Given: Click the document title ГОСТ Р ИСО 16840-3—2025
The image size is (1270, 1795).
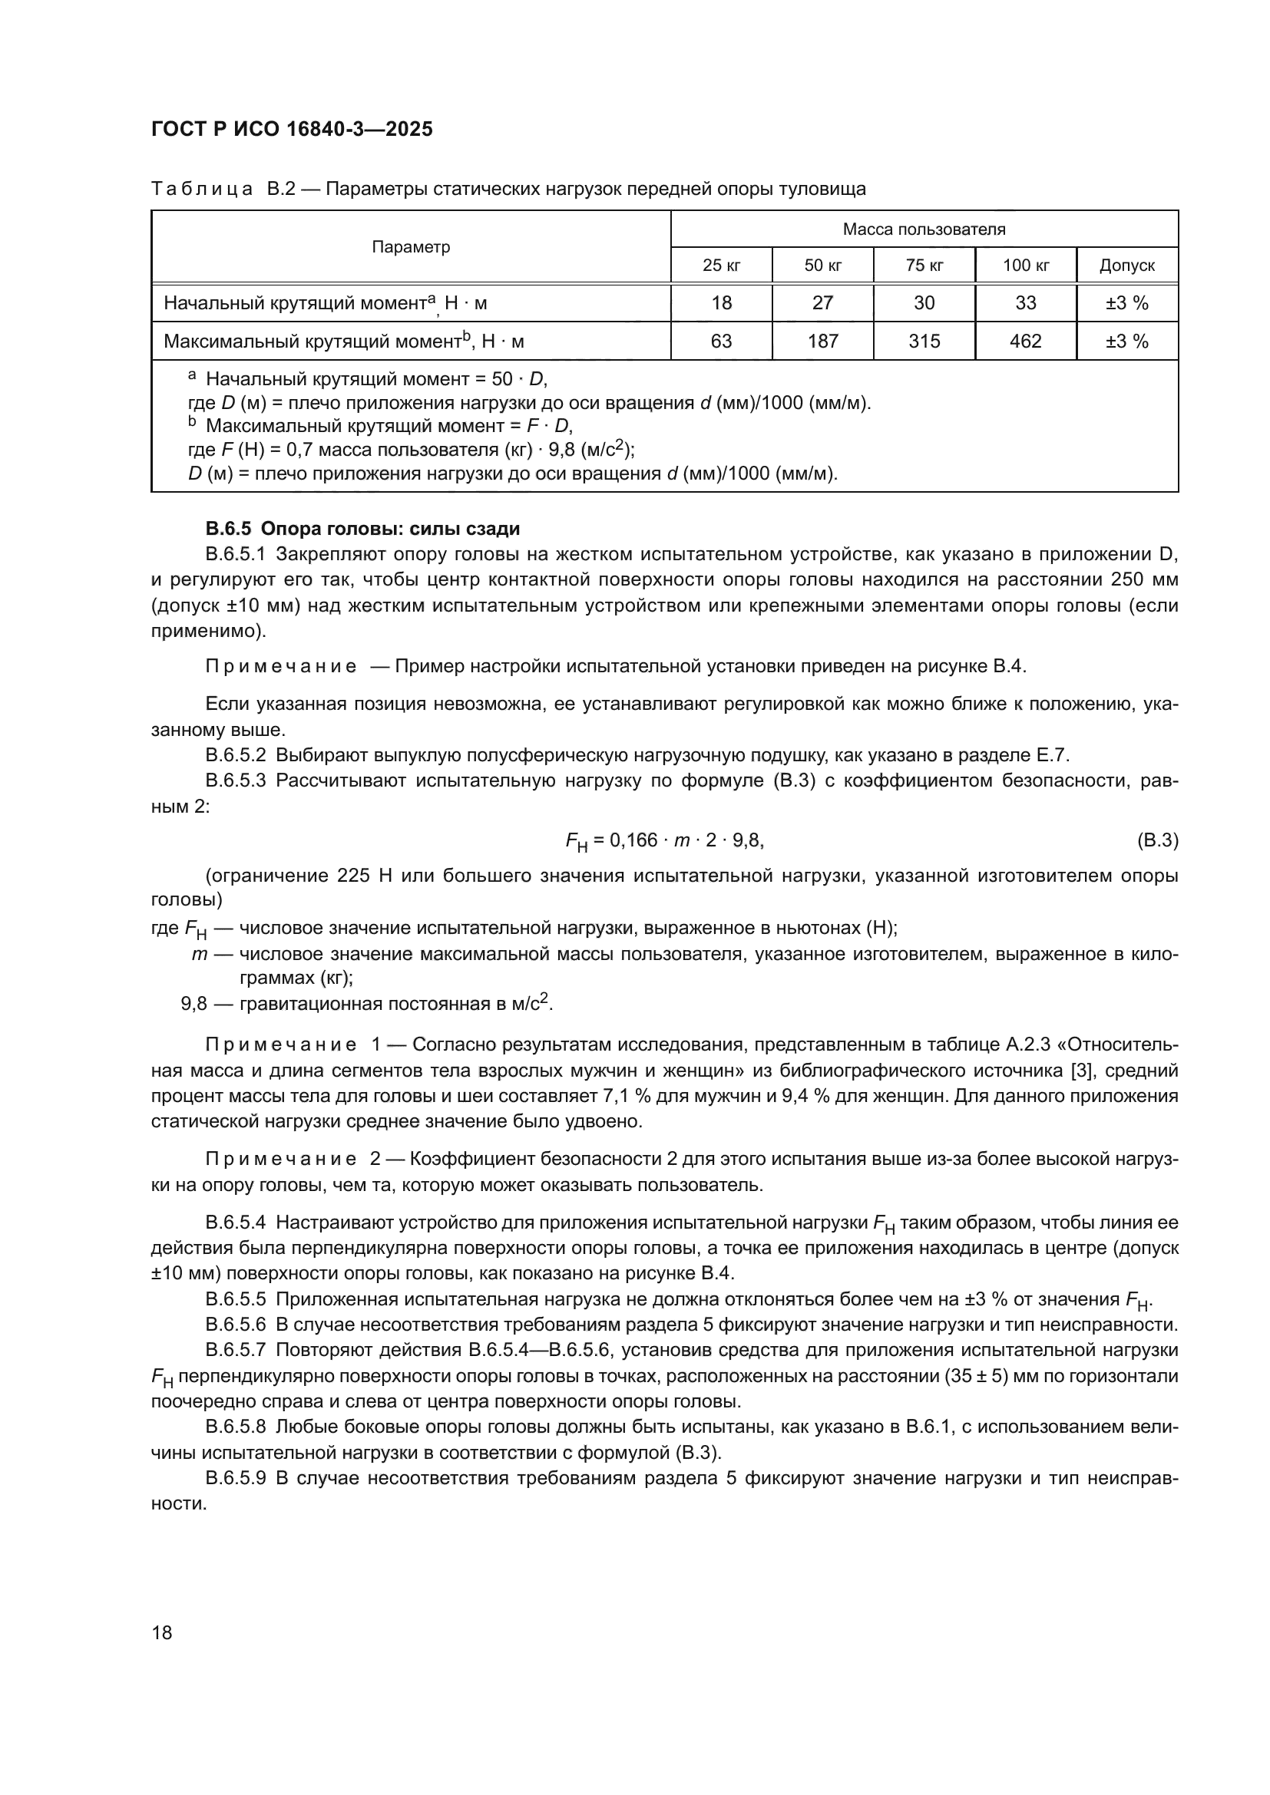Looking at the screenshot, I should pyautogui.click(x=292, y=129).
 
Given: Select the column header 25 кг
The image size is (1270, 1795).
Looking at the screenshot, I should pyautogui.click(x=721, y=265).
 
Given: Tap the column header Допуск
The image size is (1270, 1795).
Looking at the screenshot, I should pyautogui.click(x=1127, y=265).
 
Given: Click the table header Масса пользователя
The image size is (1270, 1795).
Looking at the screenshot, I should pyautogui.click(x=924, y=229).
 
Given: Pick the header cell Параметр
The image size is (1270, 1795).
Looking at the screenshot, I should pyautogui.click(x=411, y=247).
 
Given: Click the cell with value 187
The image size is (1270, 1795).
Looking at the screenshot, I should pyautogui.click(x=822, y=341).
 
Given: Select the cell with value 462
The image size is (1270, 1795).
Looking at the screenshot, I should pyautogui.click(x=1025, y=341).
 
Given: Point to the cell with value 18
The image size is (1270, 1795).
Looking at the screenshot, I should pyautogui.click(x=721, y=302).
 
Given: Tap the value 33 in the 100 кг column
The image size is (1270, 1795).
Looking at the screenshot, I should pyautogui.click(x=1025, y=302).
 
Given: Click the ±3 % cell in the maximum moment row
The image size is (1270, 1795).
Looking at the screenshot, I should pyautogui.click(x=1127, y=341).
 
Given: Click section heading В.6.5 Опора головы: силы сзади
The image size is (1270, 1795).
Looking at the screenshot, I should pyautogui.click(x=362, y=529).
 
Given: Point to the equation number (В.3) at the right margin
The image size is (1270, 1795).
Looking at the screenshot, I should pyautogui.click(x=1156, y=840).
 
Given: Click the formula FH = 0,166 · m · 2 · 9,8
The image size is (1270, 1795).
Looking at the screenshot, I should pyautogui.click(x=664, y=841).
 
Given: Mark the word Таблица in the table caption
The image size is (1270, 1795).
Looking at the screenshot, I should pyautogui.click(x=202, y=190).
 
